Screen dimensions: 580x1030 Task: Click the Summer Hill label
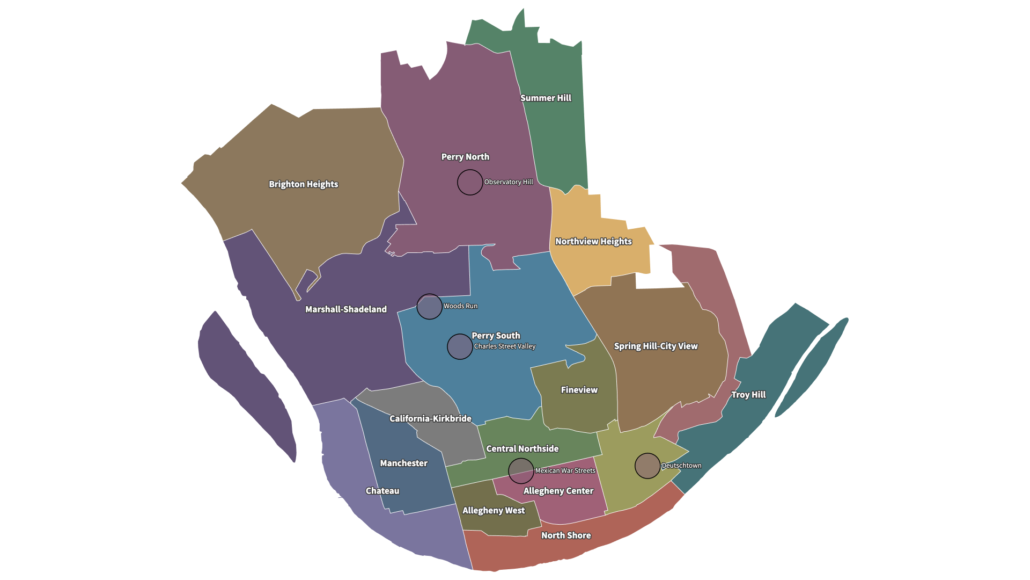(x=546, y=98)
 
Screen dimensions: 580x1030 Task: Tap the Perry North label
(x=465, y=157)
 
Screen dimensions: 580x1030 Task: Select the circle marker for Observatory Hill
(x=470, y=182)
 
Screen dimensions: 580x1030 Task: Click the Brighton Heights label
(x=304, y=184)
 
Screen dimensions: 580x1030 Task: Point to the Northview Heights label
(x=593, y=242)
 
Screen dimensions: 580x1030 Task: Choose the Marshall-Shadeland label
(x=346, y=309)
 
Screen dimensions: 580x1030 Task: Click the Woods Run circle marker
(x=430, y=307)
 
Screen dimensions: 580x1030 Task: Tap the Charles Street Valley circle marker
(x=460, y=346)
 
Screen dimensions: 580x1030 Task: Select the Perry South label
(x=496, y=336)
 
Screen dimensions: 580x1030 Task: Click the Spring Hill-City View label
(x=656, y=346)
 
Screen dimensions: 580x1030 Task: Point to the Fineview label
(x=579, y=390)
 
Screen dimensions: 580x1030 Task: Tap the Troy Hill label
(x=748, y=395)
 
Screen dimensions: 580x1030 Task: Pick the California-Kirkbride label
(x=430, y=418)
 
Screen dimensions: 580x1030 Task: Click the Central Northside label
(x=522, y=448)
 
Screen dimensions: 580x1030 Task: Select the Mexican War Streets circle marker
(x=521, y=471)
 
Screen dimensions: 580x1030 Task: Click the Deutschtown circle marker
(x=648, y=466)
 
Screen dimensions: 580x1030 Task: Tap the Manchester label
(x=403, y=463)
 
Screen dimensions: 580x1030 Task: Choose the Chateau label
(x=382, y=491)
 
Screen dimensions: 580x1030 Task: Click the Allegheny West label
(x=494, y=510)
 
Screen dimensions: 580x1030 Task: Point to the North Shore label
(x=566, y=535)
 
